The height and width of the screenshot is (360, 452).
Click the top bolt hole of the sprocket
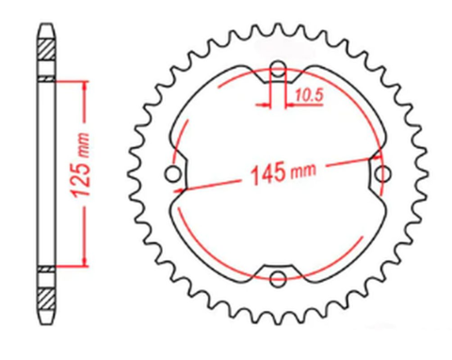[x=278, y=69]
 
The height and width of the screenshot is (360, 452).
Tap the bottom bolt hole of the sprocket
[x=278, y=277]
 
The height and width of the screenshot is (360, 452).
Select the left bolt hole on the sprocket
[x=172, y=173]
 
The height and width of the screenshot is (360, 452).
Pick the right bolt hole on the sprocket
[x=381, y=173]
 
